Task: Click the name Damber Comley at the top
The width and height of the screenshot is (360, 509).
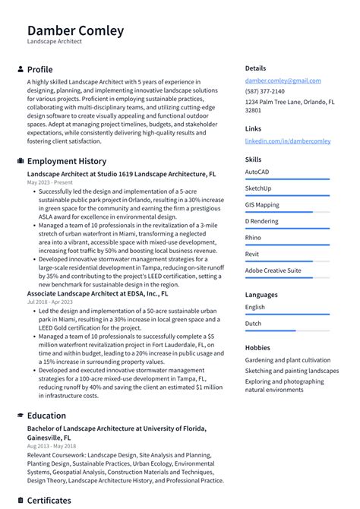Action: [x=75, y=30]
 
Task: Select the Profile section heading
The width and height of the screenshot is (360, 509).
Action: [x=39, y=69]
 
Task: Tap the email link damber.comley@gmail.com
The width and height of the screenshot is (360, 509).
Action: [x=283, y=81]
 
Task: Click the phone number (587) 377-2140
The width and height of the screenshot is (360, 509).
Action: [x=265, y=91]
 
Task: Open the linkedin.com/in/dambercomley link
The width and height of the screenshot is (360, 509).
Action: [x=288, y=141]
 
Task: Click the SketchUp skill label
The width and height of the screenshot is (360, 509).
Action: [x=258, y=188]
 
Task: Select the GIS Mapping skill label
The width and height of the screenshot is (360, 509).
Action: [x=262, y=204]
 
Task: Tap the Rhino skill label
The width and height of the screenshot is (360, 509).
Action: [x=253, y=238]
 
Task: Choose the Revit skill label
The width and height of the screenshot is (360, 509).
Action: [x=252, y=254]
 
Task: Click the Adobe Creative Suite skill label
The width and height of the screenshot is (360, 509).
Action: [x=273, y=270]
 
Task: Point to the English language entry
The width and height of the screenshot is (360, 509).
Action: [x=255, y=307]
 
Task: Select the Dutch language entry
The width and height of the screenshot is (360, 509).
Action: [x=253, y=324]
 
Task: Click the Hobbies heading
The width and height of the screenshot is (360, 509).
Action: [x=257, y=347]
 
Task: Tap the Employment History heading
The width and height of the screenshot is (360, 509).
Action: [x=67, y=161]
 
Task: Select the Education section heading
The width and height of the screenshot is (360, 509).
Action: [x=46, y=416]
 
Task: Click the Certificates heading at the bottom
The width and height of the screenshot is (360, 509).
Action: [x=49, y=501]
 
